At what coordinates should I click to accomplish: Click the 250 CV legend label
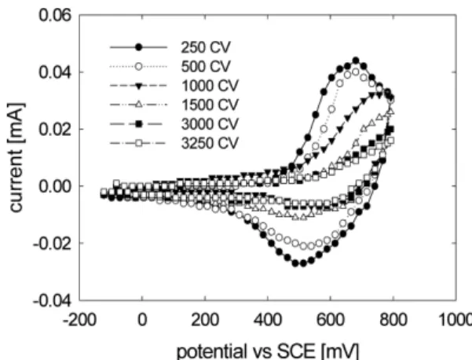click(x=206, y=47)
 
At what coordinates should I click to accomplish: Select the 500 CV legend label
click(x=206, y=66)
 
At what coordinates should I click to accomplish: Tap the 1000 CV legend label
click(x=210, y=86)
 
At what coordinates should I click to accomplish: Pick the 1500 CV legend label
click(x=210, y=105)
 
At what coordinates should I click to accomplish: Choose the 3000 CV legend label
click(x=210, y=124)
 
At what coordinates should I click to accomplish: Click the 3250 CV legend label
click(x=210, y=143)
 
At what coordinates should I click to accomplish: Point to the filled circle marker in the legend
click(x=138, y=47)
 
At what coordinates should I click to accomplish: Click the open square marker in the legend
click(x=138, y=143)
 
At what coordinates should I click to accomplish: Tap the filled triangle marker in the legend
click(x=138, y=86)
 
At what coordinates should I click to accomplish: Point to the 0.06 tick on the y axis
click(x=56, y=15)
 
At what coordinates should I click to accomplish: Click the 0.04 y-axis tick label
click(x=56, y=72)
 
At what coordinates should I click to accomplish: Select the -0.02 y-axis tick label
click(x=53, y=243)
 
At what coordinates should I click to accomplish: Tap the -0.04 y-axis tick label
click(x=53, y=300)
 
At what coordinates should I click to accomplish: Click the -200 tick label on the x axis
click(x=79, y=320)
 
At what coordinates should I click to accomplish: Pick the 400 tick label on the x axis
click(x=268, y=320)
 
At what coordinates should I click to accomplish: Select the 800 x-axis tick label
click(x=393, y=320)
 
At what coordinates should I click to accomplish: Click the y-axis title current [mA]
click(x=16, y=158)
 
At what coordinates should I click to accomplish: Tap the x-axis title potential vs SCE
click(x=247, y=351)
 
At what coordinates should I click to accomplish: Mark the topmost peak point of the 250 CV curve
click(x=356, y=61)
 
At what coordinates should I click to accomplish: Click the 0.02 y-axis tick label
click(x=56, y=129)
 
